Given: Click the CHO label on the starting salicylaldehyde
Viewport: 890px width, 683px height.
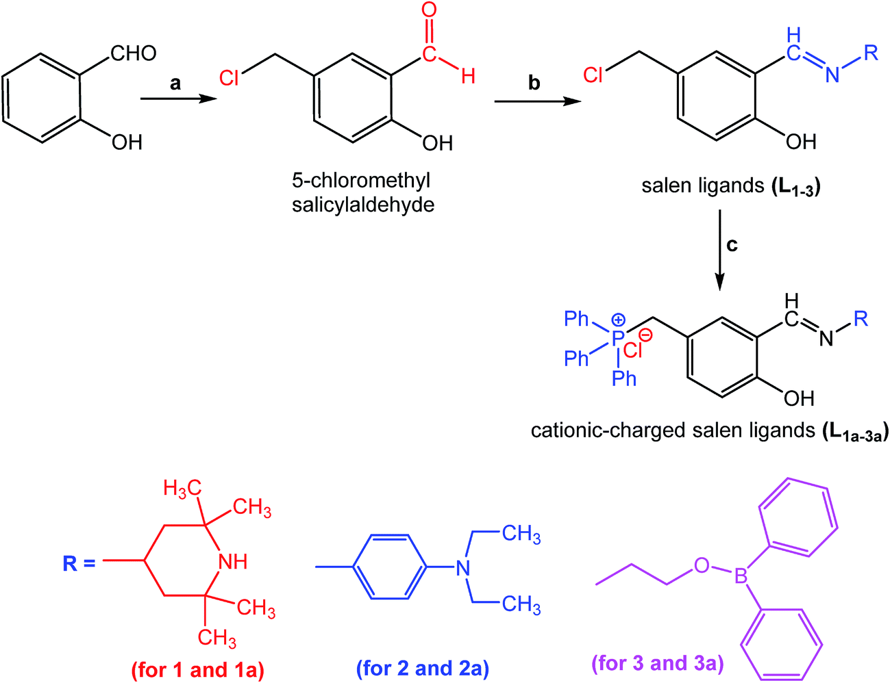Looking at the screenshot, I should pos(133,53).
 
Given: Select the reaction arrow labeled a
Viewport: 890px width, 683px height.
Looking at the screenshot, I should pos(175,100).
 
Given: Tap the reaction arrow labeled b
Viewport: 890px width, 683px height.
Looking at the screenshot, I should pos(534,101).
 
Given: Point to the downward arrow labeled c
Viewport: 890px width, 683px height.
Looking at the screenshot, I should pos(719,253).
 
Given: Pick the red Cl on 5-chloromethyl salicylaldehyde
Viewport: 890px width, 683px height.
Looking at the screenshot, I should pos(230,78).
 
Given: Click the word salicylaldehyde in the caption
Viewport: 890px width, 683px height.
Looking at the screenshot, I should pos(362,205).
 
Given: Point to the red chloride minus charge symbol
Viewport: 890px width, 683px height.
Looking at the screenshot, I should pos(646,336).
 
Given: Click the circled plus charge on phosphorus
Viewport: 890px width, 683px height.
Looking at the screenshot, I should pos(619,320).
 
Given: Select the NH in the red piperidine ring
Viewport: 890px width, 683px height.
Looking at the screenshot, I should pos(232,562).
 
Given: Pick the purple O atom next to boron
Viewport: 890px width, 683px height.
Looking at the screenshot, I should pos(700,565).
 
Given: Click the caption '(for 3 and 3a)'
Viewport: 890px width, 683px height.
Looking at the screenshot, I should pos(658,663).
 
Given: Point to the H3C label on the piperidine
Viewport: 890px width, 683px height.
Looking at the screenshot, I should pos(182,488).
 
